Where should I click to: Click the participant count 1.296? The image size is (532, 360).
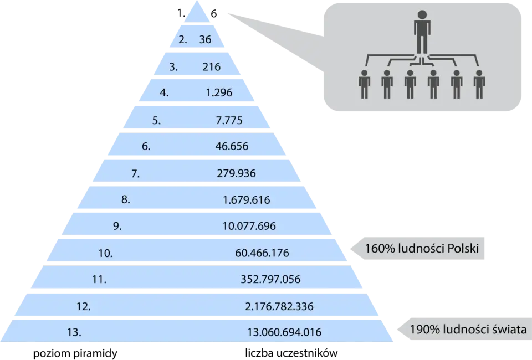coord(219,92)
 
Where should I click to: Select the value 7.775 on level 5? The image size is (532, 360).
coord(229,120)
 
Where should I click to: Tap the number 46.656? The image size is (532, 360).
coord(232,146)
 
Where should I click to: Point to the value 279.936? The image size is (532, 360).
coord(236,173)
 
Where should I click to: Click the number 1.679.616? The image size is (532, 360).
coord(246,200)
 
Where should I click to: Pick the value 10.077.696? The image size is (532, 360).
coord(249,226)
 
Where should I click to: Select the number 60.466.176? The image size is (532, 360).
coord(262,253)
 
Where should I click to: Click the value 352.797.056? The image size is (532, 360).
coord(270,279)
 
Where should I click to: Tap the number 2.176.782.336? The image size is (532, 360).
coord(279,306)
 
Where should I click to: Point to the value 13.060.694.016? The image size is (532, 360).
coord(284,332)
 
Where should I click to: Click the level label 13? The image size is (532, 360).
coord(74,332)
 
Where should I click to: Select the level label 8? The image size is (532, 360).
coord(126,199)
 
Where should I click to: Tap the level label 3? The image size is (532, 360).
coord(173,67)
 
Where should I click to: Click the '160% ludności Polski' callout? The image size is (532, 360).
coord(417,249)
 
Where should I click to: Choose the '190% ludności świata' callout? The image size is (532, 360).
coord(464,329)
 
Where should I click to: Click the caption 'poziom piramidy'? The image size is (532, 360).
coord(75,353)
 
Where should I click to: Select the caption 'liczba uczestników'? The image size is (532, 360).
coord(291,353)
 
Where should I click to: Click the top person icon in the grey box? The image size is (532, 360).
coord(422,32)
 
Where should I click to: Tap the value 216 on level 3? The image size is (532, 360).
coord(211,67)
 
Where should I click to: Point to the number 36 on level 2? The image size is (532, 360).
coord(205,40)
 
